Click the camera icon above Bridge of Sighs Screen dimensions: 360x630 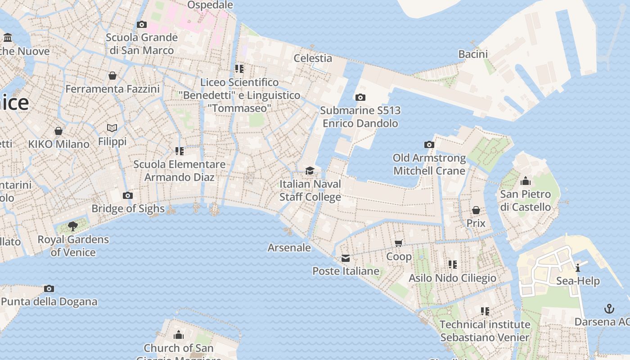pyautogui.click(x=128, y=195)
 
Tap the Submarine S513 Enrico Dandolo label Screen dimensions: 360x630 pyautogui.click(x=360, y=117)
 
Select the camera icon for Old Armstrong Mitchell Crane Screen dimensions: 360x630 pyautogui.click(x=429, y=144)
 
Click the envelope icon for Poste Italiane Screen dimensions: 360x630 pyautogui.click(x=346, y=258)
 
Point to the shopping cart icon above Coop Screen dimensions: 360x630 pyautogui.click(x=398, y=243)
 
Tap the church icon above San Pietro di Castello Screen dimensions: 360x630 pyautogui.click(x=525, y=181)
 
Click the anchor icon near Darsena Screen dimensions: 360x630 pyautogui.click(x=609, y=309)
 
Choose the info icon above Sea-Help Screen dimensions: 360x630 pyautogui.click(x=578, y=268)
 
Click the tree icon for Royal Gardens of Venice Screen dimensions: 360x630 pyautogui.click(x=72, y=226)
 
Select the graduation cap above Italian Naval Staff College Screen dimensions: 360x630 pyautogui.click(x=310, y=171)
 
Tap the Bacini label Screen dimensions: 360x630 pyautogui.click(x=473, y=54)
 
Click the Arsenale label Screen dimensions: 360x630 pyautogui.click(x=289, y=247)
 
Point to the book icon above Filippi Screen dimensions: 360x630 pyautogui.click(x=112, y=128)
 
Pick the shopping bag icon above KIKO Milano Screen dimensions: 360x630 pyautogui.click(x=58, y=131)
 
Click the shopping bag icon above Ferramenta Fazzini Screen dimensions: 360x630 pyautogui.click(x=112, y=76)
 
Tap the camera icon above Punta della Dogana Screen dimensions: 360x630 pyautogui.click(x=49, y=288)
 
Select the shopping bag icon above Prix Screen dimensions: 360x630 pyautogui.click(x=476, y=210)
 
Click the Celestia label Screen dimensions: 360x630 pyautogui.click(x=313, y=58)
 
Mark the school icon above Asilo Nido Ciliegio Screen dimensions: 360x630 pyautogui.click(x=452, y=265)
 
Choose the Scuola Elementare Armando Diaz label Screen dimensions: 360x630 pyautogui.click(x=179, y=171)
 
